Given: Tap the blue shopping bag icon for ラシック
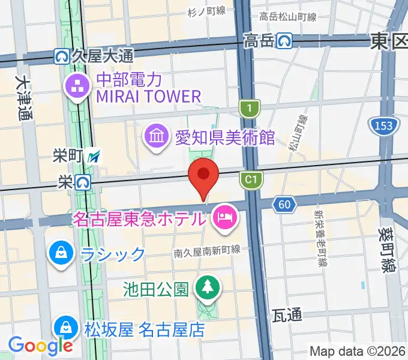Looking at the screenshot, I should pyautogui.click(x=61, y=252).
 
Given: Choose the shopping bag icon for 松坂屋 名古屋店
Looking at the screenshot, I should pyautogui.click(x=65, y=328).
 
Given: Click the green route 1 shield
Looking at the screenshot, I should pyautogui.click(x=248, y=109).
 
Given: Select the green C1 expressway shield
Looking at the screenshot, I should pyautogui.click(x=251, y=178).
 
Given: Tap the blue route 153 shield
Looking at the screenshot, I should pyautogui.click(x=382, y=126).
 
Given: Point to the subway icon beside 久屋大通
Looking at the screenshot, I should pyautogui.click(x=61, y=56).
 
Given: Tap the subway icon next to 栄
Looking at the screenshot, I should pyautogui.click(x=83, y=181).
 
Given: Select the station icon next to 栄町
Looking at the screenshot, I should pyautogui.click(x=94, y=157).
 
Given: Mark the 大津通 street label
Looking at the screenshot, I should pyautogui.click(x=23, y=98).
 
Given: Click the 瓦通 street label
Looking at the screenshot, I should pyautogui.click(x=286, y=314).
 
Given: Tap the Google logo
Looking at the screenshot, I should pyautogui.click(x=40, y=345).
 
